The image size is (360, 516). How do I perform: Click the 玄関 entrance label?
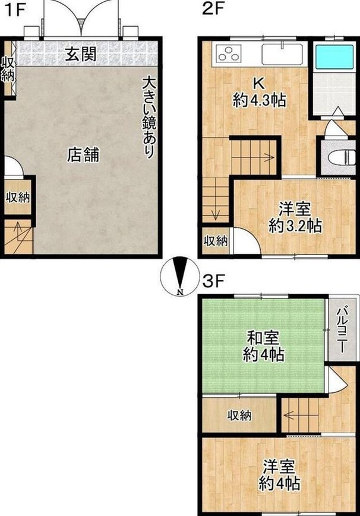coord(81,54)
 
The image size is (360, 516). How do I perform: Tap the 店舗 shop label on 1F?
coord(83,155)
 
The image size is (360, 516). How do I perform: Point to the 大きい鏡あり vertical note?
coord(149,118)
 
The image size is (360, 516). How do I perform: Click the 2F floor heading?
coord(213,9)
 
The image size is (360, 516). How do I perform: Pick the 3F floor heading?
coord(213,281)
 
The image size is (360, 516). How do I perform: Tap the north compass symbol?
coord(179,276)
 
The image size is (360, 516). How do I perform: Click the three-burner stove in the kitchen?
coord(228,54)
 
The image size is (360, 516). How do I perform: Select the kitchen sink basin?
coord(282,54)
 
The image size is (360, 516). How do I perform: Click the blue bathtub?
coord(334,56)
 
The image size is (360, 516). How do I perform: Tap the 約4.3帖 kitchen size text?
coord(259,100)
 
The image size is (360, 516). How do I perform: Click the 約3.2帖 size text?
coord(295,226)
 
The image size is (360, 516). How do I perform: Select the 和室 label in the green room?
coord(263,338)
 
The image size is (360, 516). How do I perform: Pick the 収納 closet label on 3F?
coord(239,416)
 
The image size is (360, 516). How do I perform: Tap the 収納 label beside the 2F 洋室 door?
coord(215,241)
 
